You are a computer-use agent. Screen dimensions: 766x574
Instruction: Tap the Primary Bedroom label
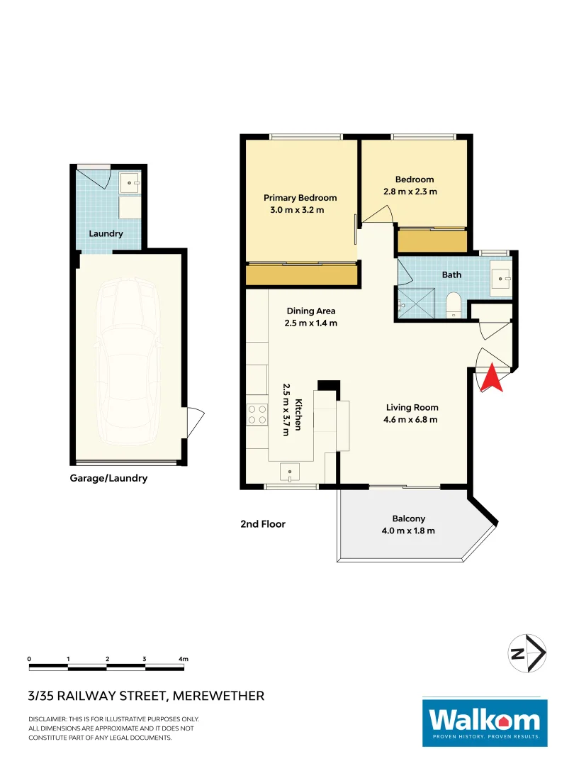click(300, 198)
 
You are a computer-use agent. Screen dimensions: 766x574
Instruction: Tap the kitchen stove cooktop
click(257, 413)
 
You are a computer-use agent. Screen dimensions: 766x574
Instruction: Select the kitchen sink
click(291, 472)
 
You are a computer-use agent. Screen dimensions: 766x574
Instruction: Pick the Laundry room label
click(106, 233)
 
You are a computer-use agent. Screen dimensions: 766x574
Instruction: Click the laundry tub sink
click(130, 183)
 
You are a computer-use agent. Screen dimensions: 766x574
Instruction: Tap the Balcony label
click(408, 518)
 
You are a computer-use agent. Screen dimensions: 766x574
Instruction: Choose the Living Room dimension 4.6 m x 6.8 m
click(412, 419)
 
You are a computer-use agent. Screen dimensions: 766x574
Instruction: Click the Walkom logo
click(485, 722)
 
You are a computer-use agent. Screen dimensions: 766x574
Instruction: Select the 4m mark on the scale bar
click(183, 660)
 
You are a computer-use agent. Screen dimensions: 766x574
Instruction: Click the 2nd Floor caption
click(262, 524)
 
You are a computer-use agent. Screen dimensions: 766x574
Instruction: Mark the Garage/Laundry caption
click(108, 478)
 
